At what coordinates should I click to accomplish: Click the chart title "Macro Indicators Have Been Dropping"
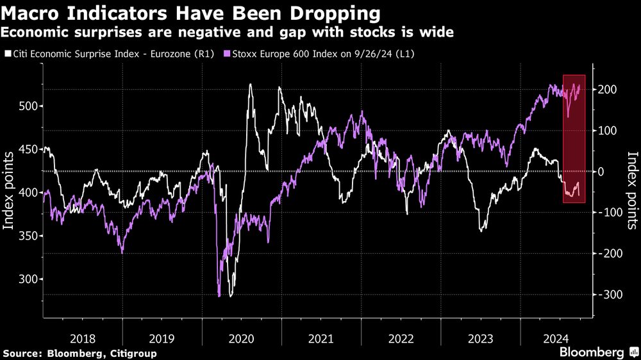click(190, 13)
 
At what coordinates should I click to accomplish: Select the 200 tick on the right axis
click(608, 90)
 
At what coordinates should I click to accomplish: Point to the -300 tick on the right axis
click(608, 295)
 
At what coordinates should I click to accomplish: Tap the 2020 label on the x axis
click(242, 337)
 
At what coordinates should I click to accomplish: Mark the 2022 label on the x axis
click(401, 337)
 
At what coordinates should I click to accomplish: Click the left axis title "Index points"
click(9, 191)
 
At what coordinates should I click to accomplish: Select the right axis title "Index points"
click(632, 191)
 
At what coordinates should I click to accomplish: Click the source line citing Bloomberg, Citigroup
click(80, 353)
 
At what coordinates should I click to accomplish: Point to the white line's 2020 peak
click(249, 85)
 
